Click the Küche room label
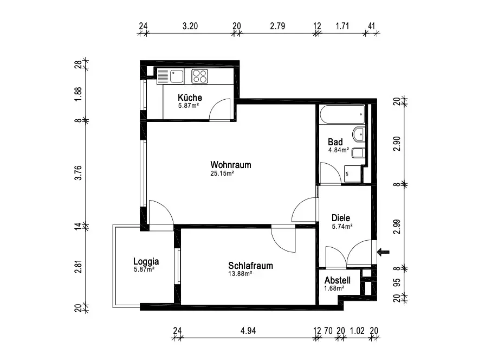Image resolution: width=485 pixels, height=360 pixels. click(x=190, y=98)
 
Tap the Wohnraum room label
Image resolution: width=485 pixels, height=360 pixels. click(x=231, y=165)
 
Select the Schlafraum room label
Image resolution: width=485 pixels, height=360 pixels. click(x=250, y=266)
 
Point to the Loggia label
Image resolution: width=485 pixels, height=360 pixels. click(x=146, y=261)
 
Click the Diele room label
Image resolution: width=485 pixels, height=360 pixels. click(x=341, y=217)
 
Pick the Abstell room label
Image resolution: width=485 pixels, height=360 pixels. click(x=338, y=280)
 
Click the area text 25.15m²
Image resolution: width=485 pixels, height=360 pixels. click(x=222, y=173)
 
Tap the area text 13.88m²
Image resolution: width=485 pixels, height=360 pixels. click(x=241, y=274)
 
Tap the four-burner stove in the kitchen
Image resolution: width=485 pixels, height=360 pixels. click(x=199, y=76)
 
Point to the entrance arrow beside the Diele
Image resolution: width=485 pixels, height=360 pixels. click(x=383, y=252)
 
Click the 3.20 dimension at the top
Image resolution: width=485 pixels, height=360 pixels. click(x=190, y=25)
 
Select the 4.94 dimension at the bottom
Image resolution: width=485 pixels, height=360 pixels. click(x=248, y=330)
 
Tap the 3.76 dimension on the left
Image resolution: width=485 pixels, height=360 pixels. click(x=79, y=172)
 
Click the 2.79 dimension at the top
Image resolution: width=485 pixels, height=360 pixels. click(x=277, y=25)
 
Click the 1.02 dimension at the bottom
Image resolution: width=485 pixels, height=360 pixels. click(x=357, y=330)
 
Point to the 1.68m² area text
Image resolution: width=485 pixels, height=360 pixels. click(x=334, y=288)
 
